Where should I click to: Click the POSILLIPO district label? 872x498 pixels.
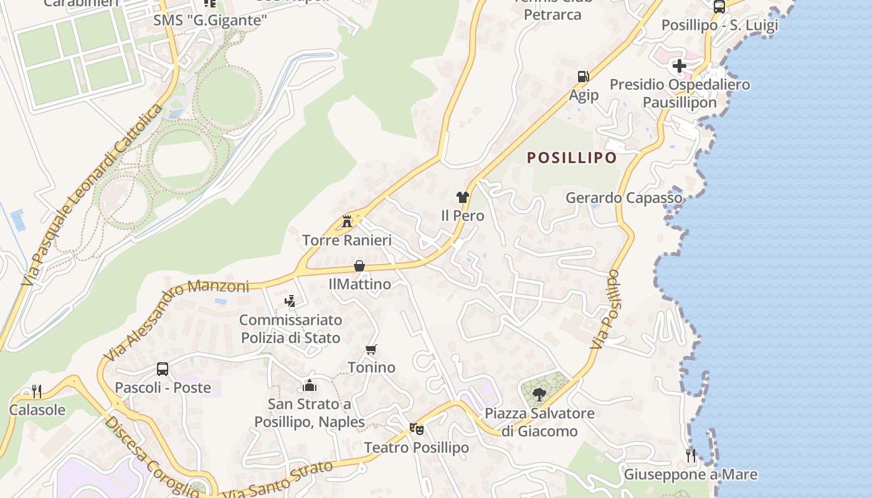click(x=572, y=158)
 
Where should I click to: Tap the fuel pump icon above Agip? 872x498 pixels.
click(x=583, y=77)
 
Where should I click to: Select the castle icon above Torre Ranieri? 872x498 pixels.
click(x=347, y=221)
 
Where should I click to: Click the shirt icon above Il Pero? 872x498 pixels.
click(x=462, y=197)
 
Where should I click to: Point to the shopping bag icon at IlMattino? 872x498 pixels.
click(x=359, y=266)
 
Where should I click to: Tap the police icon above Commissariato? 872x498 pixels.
click(x=290, y=301)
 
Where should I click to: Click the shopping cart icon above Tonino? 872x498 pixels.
click(x=371, y=349)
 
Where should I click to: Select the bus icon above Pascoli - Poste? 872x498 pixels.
click(x=163, y=369)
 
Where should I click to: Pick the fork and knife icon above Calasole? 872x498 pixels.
click(x=37, y=391)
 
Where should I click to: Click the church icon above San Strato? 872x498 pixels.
click(x=310, y=385)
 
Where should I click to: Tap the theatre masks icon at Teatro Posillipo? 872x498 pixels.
click(x=416, y=428)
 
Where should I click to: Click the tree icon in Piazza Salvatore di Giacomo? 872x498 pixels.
click(x=539, y=393)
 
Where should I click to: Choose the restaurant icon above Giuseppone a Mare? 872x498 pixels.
click(x=691, y=455)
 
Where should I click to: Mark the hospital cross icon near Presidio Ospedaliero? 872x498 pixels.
click(x=680, y=65)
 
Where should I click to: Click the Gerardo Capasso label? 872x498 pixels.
click(x=624, y=198)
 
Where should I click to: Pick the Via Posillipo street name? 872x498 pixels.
click(x=605, y=309)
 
